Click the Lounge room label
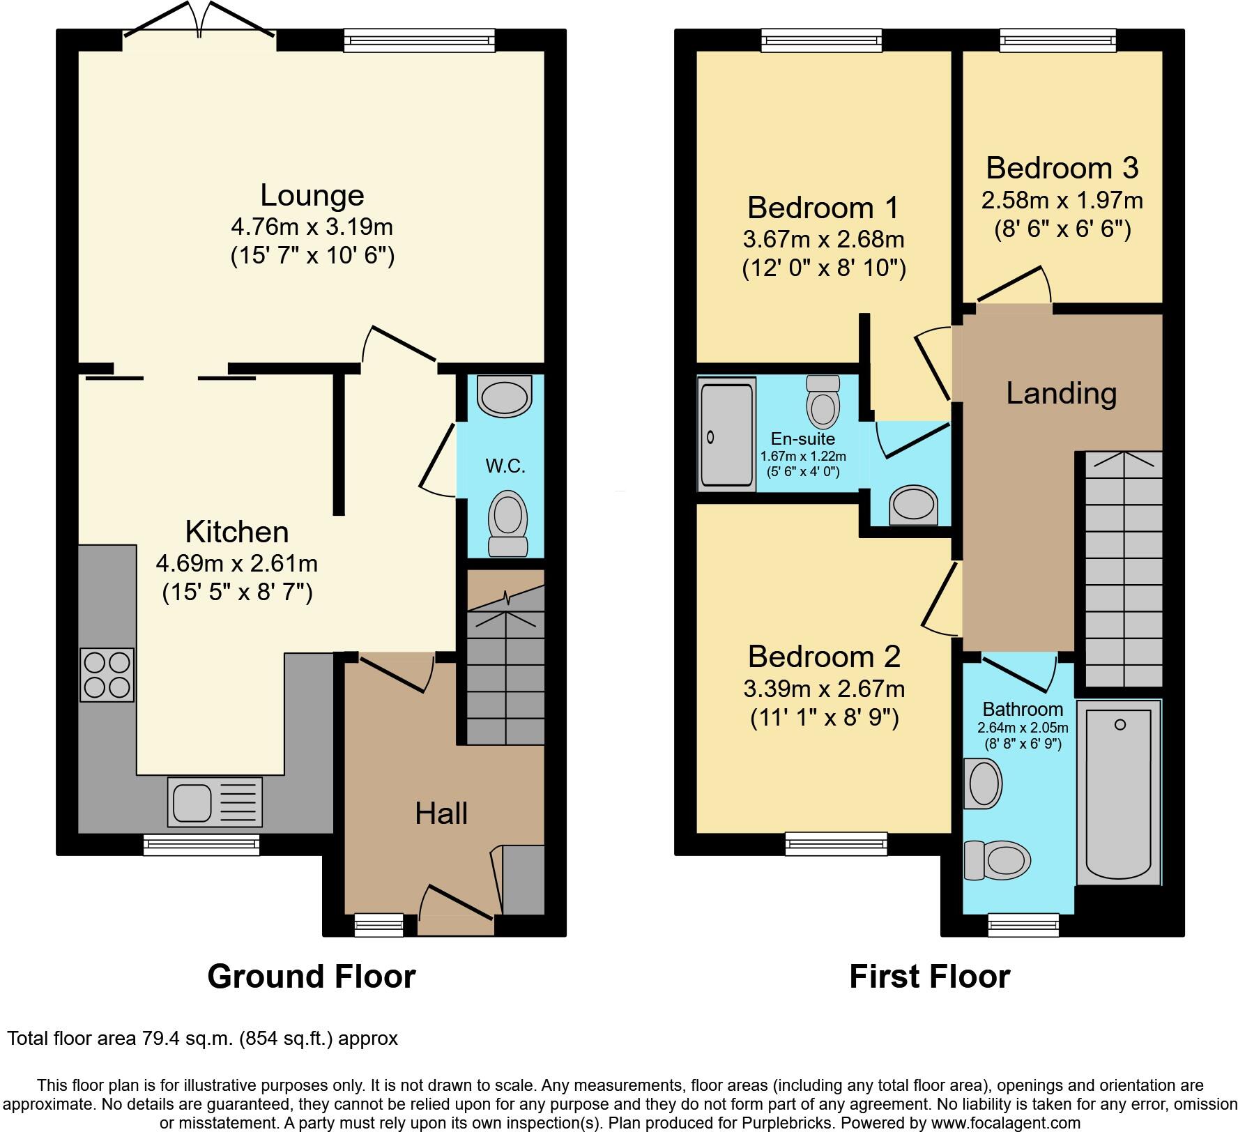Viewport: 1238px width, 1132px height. click(x=312, y=196)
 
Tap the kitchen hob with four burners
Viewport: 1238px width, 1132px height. click(x=107, y=675)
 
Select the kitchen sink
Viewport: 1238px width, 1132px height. click(x=215, y=802)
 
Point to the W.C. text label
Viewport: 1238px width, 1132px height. click(x=505, y=466)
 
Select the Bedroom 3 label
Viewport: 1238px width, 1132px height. click(x=1062, y=168)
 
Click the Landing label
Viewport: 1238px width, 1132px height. click(x=1061, y=394)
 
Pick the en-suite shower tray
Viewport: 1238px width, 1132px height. click(x=726, y=434)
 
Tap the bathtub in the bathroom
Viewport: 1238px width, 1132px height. click(x=1119, y=793)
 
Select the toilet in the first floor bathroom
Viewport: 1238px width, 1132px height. click(x=997, y=860)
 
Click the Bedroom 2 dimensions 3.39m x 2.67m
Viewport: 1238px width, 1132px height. click(x=824, y=689)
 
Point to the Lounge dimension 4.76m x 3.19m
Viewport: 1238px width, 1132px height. click(x=312, y=227)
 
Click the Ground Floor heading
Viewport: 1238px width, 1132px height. click(x=312, y=977)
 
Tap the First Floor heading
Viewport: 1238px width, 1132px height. click(x=929, y=977)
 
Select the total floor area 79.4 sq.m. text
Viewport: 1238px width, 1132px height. click(x=202, y=1039)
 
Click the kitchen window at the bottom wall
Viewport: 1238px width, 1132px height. click(x=201, y=846)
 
